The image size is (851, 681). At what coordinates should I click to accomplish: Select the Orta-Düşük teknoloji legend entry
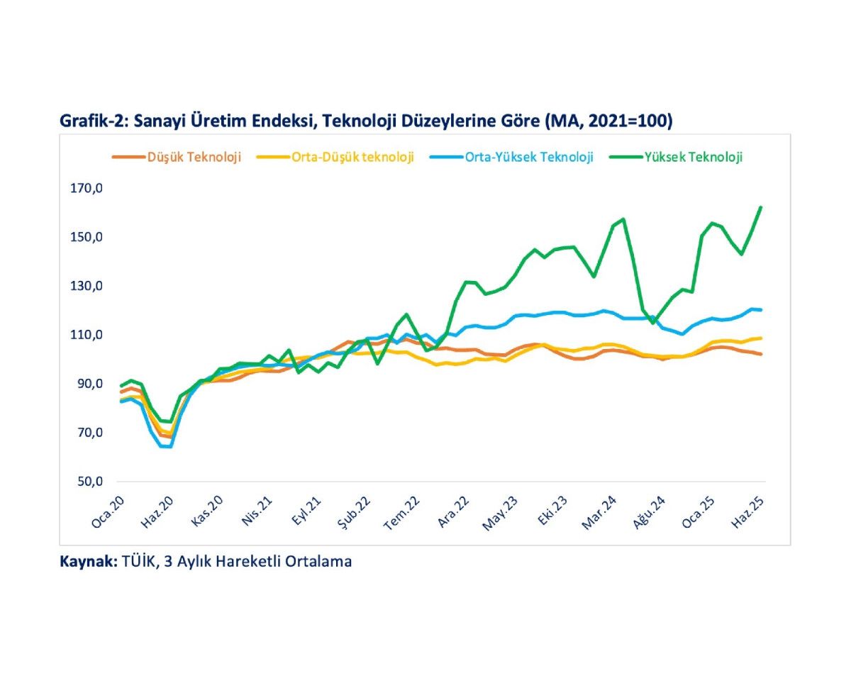tap(352, 157)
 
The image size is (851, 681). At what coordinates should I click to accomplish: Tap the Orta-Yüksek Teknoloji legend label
tap(529, 157)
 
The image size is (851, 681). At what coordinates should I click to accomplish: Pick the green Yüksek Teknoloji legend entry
tap(694, 157)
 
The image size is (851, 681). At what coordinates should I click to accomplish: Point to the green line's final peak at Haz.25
tap(760, 207)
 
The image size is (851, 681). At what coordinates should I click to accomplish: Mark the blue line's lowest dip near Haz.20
tap(167, 447)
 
